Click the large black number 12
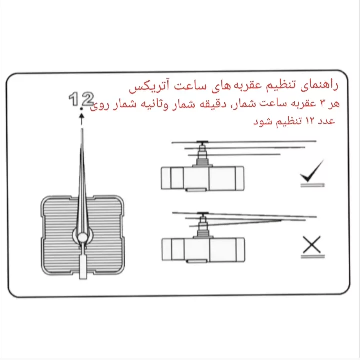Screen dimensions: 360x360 point(81,99)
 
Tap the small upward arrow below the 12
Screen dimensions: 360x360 point(81,117)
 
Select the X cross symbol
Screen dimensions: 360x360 point(312,245)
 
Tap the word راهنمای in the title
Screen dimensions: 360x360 point(319,85)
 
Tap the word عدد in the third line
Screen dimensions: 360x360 point(325,121)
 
